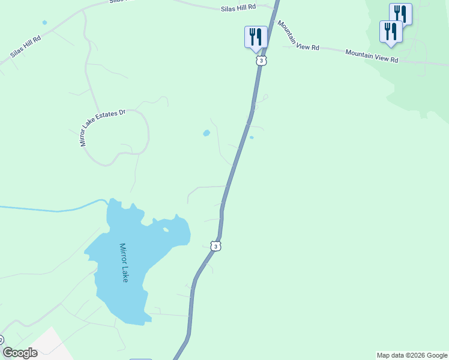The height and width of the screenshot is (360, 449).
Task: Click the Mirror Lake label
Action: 124,263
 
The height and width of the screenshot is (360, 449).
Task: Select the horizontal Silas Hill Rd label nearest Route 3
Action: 239,7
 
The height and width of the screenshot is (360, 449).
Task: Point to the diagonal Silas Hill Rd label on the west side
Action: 25,47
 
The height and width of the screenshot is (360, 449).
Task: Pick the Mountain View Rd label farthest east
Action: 372,56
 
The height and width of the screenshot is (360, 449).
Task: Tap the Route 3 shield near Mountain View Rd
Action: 261,61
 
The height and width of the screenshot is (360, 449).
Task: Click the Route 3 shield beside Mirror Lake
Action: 216,245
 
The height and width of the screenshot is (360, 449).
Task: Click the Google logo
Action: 20,353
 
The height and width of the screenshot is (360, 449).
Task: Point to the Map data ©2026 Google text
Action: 412,355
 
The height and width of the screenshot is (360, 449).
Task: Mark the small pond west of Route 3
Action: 206,133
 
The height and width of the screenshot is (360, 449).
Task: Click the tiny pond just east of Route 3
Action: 252,137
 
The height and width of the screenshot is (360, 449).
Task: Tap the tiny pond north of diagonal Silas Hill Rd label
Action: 44,23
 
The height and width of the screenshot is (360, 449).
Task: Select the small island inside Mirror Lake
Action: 166,229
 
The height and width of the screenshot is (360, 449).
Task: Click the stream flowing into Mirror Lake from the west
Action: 54,210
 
